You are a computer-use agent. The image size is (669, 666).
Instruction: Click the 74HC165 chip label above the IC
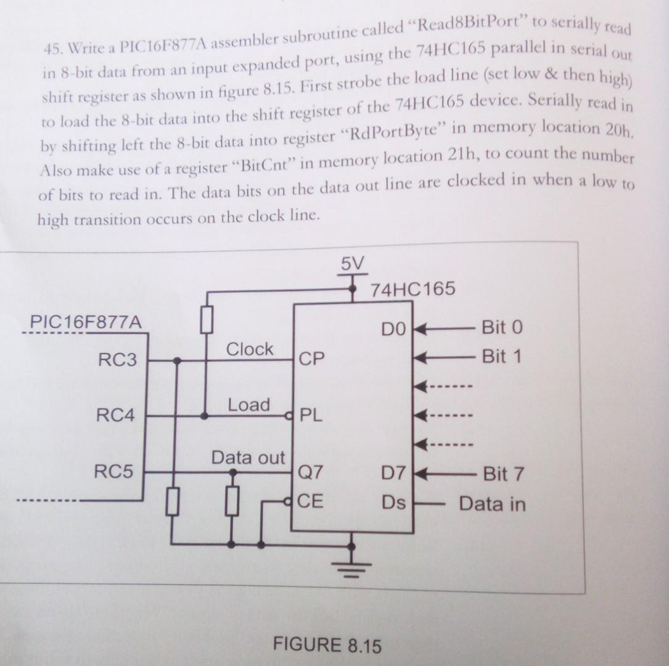(413, 289)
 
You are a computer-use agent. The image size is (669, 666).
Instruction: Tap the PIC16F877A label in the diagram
(86, 323)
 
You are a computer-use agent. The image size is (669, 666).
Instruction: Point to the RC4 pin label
(115, 416)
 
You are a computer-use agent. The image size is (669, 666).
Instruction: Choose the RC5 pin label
(113, 473)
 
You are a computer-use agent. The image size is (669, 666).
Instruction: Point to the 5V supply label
(353, 265)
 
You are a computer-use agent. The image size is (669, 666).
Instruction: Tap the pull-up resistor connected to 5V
(207, 319)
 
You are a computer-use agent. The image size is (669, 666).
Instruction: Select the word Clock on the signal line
(250, 350)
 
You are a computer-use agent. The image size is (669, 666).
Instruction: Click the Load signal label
(249, 405)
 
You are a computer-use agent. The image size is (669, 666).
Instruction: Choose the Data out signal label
(248, 458)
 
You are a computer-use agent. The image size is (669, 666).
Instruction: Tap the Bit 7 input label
(503, 474)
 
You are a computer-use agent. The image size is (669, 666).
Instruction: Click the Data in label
(492, 504)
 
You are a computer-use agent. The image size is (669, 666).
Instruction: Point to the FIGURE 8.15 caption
(327, 646)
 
